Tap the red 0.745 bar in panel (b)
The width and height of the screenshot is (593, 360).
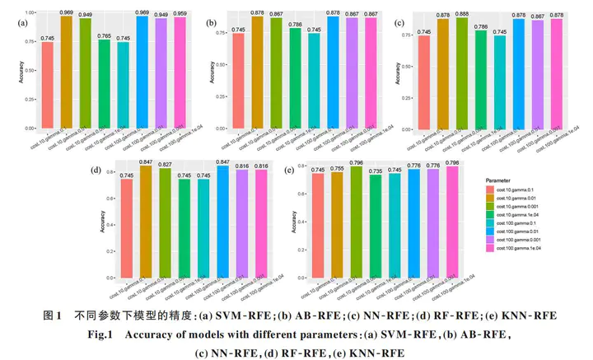[x=239, y=82]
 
